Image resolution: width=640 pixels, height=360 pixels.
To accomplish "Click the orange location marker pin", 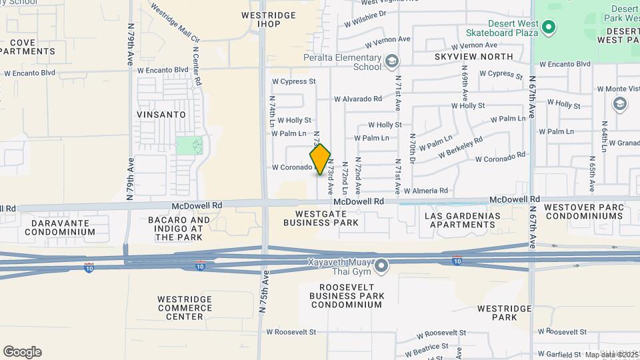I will (320, 159).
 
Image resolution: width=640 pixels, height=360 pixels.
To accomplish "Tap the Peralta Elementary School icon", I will (392, 61).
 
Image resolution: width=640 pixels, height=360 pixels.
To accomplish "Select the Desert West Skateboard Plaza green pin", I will (549, 27).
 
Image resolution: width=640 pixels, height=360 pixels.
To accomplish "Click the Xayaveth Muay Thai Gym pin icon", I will (381, 267).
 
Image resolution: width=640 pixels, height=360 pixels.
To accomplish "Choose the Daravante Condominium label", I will (60, 227).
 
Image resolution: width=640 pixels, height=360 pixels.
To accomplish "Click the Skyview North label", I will (473, 57).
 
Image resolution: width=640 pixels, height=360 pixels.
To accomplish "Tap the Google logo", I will (22, 352).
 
